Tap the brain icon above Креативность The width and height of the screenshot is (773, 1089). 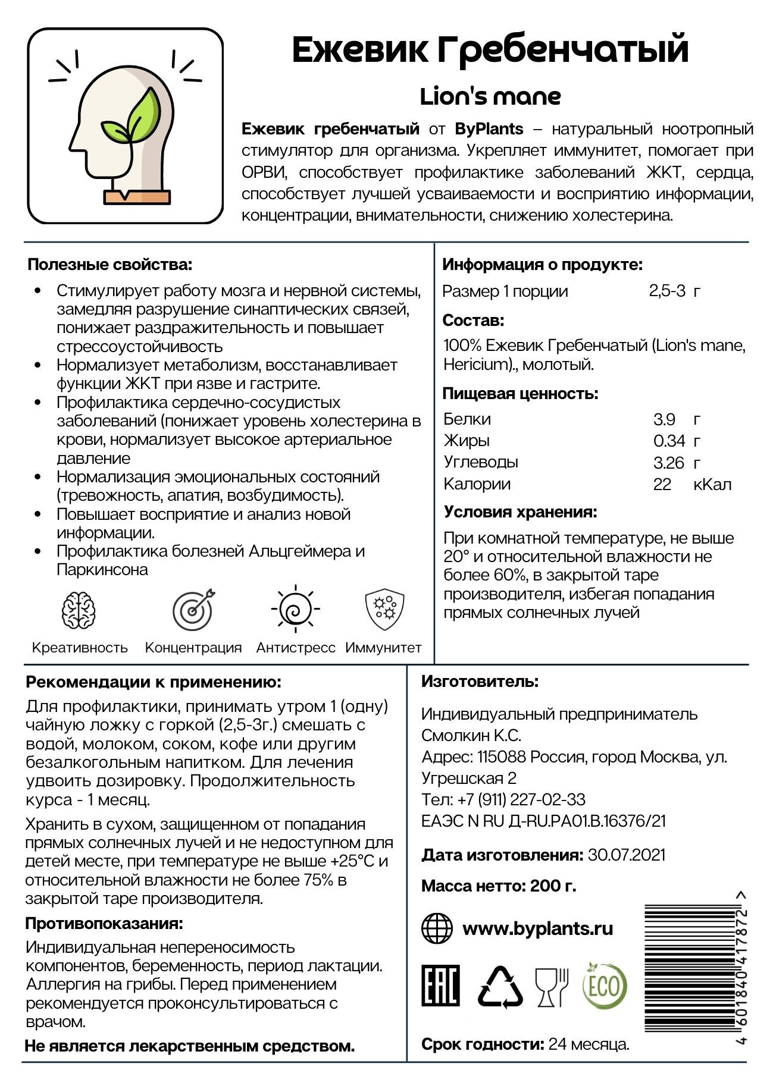[x=80, y=610]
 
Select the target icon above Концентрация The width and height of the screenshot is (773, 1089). [x=193, y=610]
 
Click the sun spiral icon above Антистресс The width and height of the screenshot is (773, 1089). [x=295, y=608]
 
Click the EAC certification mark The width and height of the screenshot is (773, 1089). [x=440, y=986]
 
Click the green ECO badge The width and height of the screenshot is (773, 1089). [x=605, y=986]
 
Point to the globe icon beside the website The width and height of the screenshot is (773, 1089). [x=437, y=928]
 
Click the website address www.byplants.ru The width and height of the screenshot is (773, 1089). [x=537, y=928]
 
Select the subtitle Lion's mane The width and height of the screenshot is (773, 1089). [x=490, y=96]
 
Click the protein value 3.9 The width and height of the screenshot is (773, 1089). [x=664, y=419]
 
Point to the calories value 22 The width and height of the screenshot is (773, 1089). [x=662, y=484]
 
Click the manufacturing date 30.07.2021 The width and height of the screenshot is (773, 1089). [x=626, y=855]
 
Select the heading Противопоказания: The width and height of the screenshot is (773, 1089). [x=104, y=923]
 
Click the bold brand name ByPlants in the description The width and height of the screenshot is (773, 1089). [x=489, y=129]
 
